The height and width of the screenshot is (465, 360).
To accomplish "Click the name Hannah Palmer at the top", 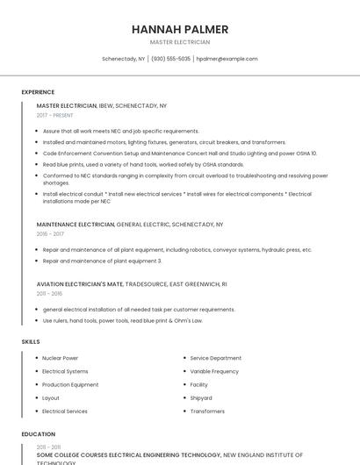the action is (x=180, y=29).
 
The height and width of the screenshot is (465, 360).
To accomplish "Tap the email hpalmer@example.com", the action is (x=227, y=59).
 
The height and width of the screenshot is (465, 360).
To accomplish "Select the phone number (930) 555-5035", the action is (x=170, y=59).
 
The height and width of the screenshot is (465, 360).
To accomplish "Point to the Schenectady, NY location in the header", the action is (x=124, y=59).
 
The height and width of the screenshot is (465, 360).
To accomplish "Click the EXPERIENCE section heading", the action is (x=38, y=91).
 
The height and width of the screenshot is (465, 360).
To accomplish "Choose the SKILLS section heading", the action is (x=31, y=341).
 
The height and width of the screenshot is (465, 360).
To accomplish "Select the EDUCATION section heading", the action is (x=38, y=433).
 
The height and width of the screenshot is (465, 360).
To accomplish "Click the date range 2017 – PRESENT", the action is (x=55, y=115).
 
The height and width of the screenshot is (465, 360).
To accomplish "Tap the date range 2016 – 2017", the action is (x=50, y=234).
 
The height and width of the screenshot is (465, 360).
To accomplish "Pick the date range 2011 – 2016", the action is (x=50, y=294).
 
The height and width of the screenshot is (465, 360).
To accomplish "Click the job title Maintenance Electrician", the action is (x=76, y=225).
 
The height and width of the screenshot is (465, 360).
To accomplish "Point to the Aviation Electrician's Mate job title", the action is (x=80, y=284).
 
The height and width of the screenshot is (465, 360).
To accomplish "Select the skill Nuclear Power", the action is (x=60, y=358).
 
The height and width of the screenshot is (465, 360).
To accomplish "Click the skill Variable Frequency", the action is (x=214, y=371).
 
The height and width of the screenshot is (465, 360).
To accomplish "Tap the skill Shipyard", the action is (x=201, y=397).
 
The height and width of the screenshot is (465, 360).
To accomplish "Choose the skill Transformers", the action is (x=207, y=411).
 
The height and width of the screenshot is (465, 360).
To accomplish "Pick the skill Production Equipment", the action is (x=70, y=384).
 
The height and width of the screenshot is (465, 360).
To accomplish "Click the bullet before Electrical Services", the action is (x=35, y=411).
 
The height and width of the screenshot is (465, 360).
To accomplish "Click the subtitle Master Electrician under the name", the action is (x=180, y=41).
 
